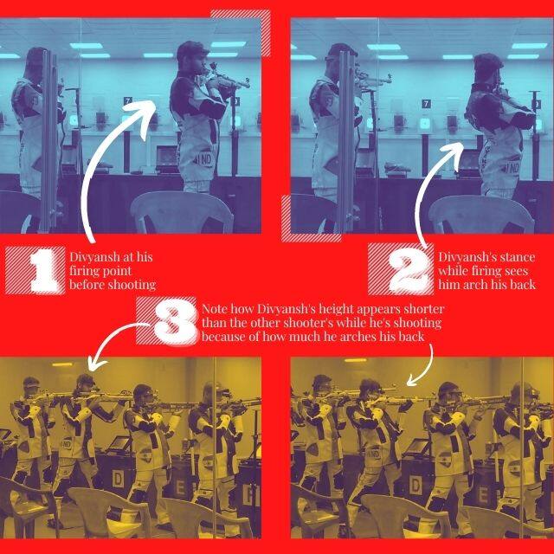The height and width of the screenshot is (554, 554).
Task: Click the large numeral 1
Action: click(43, 270)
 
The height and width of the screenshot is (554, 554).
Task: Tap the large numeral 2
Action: click(409, 270)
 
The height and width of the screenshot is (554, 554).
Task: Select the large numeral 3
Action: click(175, 322)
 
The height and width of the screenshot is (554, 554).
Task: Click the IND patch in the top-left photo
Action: click(204, 159)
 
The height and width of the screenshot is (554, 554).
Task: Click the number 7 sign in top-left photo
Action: click(127, 101)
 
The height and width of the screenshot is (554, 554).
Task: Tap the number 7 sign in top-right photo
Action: click(427, 104)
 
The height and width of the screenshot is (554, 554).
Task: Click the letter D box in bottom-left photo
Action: click(118, 479)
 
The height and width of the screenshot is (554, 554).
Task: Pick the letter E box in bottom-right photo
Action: click(483, 495)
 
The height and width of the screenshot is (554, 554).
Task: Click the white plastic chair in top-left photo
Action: click(181, 212)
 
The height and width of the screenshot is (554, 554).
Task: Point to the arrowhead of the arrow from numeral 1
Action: click(146, 113)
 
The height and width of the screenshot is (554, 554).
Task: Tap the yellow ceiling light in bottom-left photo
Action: click(62, 364)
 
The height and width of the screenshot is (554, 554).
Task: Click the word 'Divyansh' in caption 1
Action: click(93, 257)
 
